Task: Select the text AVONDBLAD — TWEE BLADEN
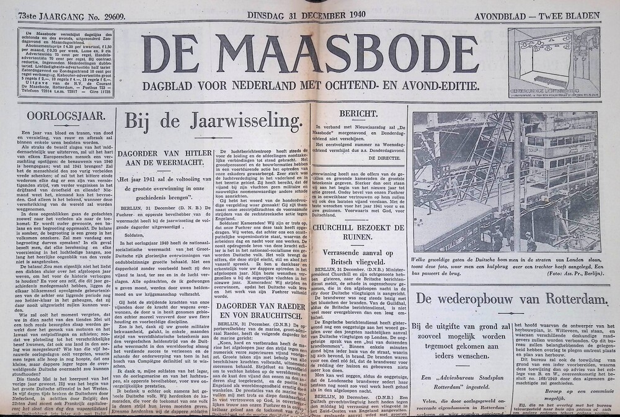[x=546, y=15]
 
